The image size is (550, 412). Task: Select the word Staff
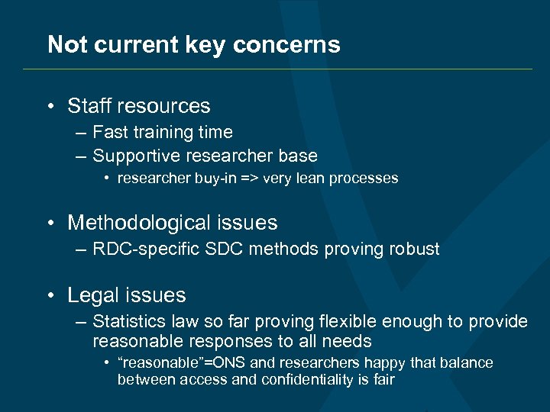coord(89,106)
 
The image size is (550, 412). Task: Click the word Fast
coord(109,132)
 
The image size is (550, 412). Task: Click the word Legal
coord(92,295)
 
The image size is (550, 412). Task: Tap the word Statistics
coord(127,322)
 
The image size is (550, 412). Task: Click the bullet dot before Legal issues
coord(50,296)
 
